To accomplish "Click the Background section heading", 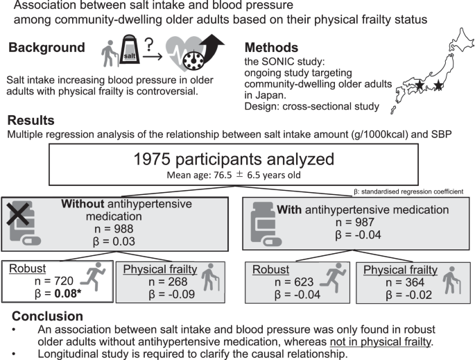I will (48, 50).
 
